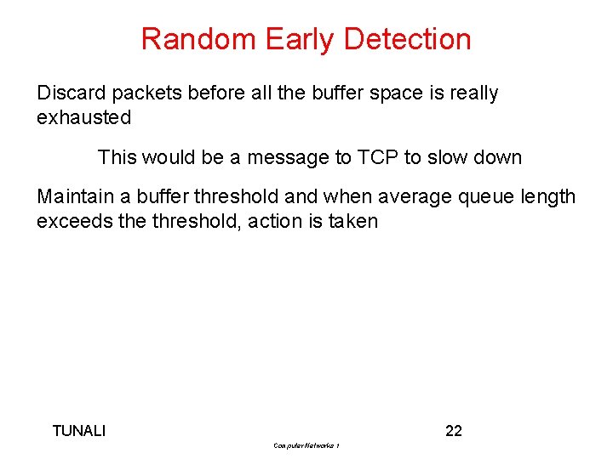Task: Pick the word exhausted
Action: [83, 117]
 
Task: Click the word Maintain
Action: [74, 197]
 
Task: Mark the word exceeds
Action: [72, 222]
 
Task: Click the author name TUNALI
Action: [79, 431]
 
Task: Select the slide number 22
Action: [454, 431]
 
